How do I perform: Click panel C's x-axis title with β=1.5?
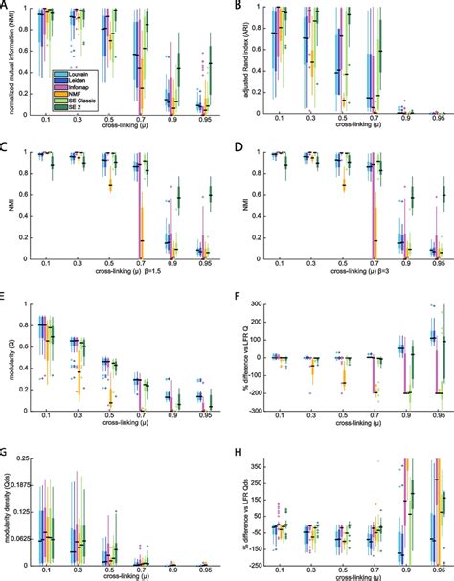123,274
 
